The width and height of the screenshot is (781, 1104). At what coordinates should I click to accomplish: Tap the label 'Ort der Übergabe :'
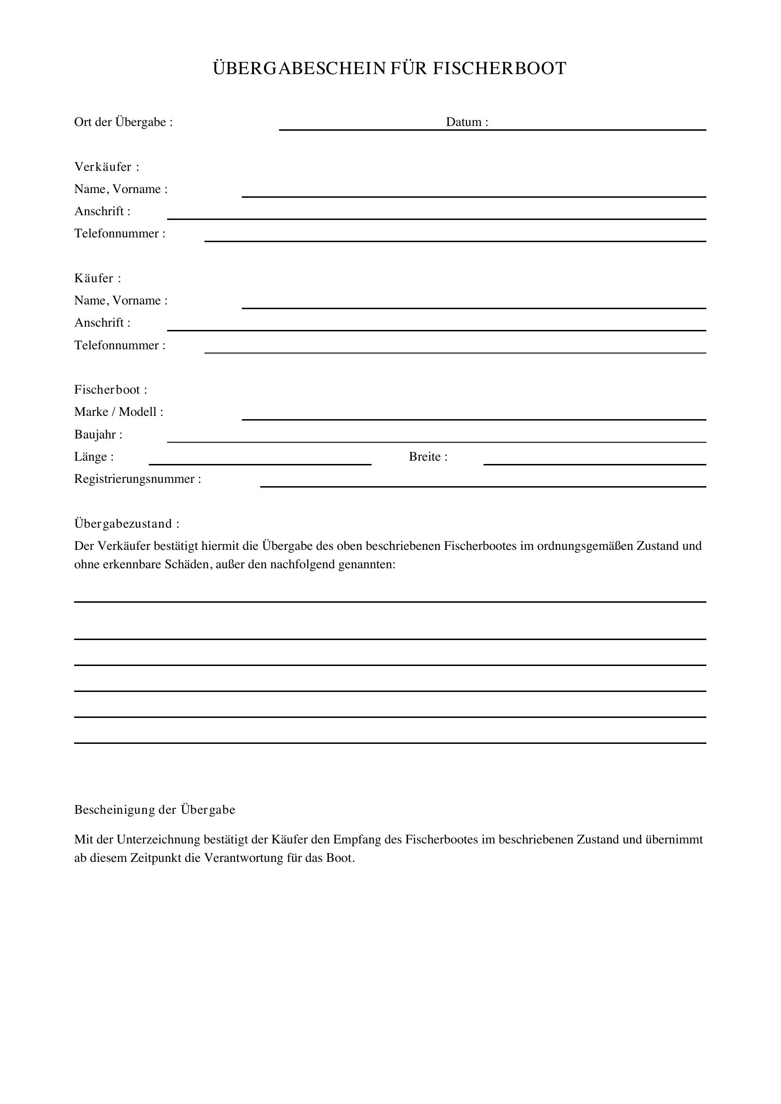pyautogui.click(x=123, y=122)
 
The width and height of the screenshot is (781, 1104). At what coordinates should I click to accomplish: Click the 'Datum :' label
pyautogui.click(x=467, y=122)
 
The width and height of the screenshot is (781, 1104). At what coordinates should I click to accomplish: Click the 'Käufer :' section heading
pyautogui.click(x=98, y=278)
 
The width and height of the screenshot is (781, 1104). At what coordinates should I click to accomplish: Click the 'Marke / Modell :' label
pyautogui.click(x=119, y=412)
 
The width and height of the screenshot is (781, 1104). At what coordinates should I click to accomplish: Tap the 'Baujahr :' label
pyautogui.click(x=98, y=435)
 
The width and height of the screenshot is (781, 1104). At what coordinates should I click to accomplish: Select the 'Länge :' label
pyautogui.click(x=94, y=457)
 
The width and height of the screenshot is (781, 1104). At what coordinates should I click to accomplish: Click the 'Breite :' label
pyautogui.click(x=428, y=457)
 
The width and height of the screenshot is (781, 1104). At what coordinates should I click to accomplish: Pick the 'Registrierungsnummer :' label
pyautogui.click(x=137, y=479)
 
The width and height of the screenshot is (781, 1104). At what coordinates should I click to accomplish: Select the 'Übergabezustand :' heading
pyautogui.click(x=127, y=523)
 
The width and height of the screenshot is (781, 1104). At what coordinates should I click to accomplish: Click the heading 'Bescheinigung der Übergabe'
pyautogui.click(x=154, y=810)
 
